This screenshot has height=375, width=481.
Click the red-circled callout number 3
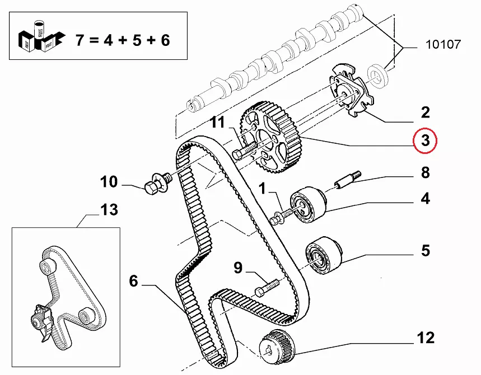425,140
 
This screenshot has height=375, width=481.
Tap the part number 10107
442,45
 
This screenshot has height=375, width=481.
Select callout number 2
425,113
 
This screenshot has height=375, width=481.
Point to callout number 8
425,172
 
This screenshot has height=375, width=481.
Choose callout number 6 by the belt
133,281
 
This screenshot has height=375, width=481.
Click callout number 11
217,122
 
